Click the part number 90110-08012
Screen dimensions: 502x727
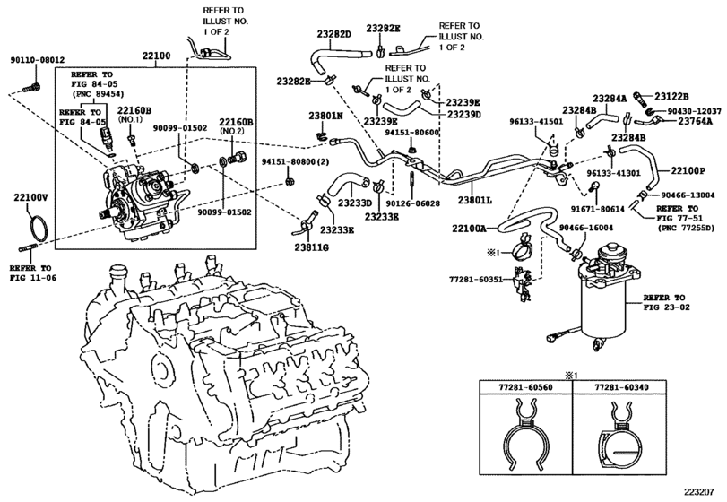click(x=37, y=60)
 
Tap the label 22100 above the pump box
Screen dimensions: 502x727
click(x=155, y=57)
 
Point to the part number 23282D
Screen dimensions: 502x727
click(x=333, y=33)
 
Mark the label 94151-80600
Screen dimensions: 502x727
click(x=412, y=132)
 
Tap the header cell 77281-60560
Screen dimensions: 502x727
click(x=528, y=386)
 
